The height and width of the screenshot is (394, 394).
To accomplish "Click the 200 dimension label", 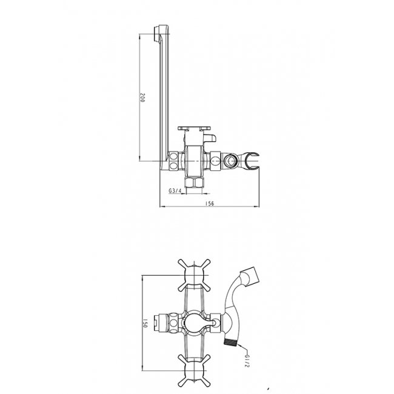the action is pos(142,97).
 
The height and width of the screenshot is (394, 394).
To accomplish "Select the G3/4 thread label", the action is pos(175,191).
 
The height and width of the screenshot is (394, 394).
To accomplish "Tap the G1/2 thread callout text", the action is pos(247,361).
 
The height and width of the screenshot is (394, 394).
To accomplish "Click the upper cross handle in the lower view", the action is pos(194,276).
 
